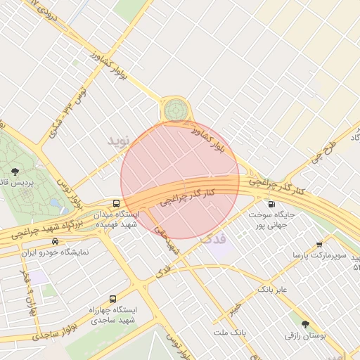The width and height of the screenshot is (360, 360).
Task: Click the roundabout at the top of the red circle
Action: click(175, 110)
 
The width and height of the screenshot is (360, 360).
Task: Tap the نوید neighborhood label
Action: click(119, 140)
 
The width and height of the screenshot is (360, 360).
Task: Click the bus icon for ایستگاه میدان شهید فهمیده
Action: click(116, 202)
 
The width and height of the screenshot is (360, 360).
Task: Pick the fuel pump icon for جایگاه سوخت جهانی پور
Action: click(271, 204)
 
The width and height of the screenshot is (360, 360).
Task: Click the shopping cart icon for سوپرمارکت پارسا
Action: click(319, 244)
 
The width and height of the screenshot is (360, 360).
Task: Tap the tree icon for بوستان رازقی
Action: click(305, 325)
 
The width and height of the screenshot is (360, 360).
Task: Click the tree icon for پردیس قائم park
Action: click(15, 171)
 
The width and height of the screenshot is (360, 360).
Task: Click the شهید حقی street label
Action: click(167, 240)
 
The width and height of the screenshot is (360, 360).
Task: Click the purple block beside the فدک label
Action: click(219, 245)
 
